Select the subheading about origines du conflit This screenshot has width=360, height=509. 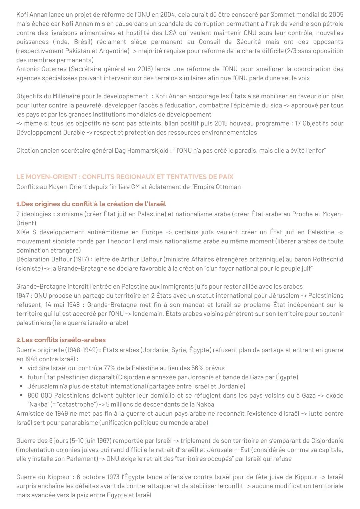[x=91, y=204]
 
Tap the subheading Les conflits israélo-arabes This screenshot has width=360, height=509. [x=61, y=340]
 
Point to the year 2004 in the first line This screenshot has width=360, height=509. [x=167, y=15]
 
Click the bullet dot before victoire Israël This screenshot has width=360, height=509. [x=21, y=368]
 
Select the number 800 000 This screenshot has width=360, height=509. [x=40, y=396]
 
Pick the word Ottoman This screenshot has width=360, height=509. [x=228, y=187]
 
